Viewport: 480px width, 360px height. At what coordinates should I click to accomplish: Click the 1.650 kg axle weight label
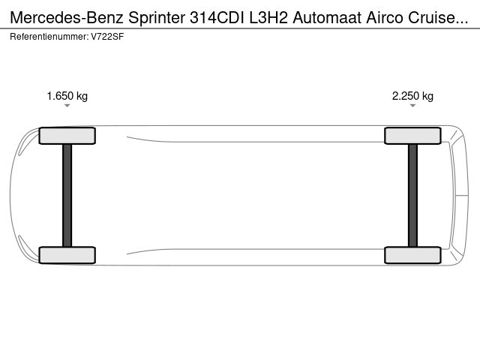click(67, 96)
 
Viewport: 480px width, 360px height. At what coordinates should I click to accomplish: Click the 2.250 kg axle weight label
click(412, 96)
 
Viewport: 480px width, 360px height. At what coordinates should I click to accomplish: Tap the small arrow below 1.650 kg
click(67, 106)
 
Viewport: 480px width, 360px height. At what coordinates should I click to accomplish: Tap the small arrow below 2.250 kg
click(412, 106)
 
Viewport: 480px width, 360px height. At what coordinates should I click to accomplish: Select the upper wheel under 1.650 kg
click(67, 136)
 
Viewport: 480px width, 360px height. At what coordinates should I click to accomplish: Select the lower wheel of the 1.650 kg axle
click(67, 255)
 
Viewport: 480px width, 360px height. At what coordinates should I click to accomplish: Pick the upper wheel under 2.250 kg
click(412, 136)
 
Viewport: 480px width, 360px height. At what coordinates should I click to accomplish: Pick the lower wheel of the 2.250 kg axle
click(412, 255)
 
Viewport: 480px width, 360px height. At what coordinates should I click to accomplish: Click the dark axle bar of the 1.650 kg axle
click(67, 195)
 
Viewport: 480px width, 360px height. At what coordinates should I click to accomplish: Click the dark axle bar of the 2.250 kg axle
click(412, 195)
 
